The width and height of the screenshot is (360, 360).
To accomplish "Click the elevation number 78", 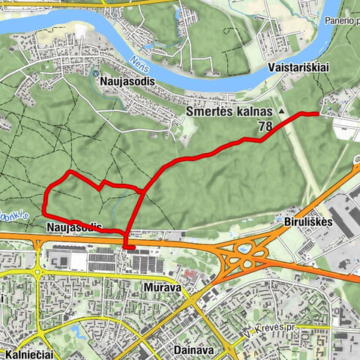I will pos(265,127).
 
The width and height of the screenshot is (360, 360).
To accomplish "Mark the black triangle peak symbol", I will pos(282,111).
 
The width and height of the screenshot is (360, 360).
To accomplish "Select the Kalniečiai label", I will pos(27,352).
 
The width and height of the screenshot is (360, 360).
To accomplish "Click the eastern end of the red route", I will pos(319,113).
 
